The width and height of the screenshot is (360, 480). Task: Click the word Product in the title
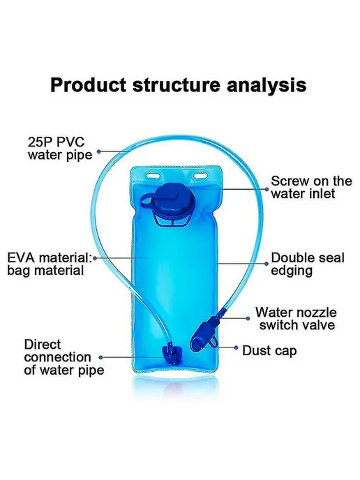[88, 85]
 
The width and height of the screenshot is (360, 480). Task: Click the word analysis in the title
[267, 86]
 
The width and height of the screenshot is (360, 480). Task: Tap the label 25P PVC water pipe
[60, 149]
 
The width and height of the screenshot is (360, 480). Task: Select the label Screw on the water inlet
[311, 187]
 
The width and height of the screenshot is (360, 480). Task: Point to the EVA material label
[50, 264]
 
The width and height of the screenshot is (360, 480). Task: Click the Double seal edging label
[308, 264]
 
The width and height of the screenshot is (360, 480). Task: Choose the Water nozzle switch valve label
[296, 319]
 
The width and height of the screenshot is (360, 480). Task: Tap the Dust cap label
[269, 351]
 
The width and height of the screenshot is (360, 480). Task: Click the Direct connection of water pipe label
[64, 357]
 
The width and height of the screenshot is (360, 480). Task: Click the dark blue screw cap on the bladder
[174, 198]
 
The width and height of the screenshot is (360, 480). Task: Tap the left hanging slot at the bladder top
[153, 176]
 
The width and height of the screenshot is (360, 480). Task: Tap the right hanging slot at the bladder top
[200, 176]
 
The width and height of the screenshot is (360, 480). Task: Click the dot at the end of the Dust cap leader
[236, 347]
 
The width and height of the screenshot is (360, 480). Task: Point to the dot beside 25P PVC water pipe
[99, 151]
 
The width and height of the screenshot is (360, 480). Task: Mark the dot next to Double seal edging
[267, 263]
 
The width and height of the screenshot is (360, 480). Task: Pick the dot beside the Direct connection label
[100, 357]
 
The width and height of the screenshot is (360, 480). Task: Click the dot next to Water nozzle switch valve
[248, 318]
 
